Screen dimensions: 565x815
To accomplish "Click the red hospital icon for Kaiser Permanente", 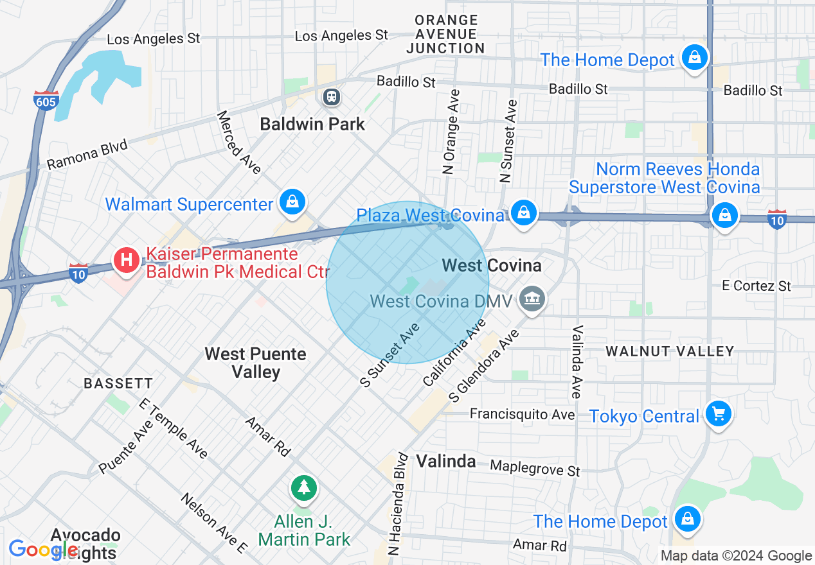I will point(127,260).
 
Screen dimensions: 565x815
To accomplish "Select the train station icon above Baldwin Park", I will point(332,97).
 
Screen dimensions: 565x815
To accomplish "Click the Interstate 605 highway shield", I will point(46,100).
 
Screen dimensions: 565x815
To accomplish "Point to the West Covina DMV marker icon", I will point(532,299).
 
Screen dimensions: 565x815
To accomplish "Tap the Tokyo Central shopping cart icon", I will point(718,414).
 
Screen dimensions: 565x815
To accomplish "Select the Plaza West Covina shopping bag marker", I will point(524,212).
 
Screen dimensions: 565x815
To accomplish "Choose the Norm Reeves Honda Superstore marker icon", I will point(724,215).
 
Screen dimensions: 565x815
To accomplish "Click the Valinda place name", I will point(445,461).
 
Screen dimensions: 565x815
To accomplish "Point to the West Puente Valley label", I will point(255,363).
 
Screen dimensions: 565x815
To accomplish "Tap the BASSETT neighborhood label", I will point(118,383).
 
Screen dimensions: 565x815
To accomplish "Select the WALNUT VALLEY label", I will point(670,351).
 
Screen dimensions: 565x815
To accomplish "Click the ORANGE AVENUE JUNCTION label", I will point(445,35).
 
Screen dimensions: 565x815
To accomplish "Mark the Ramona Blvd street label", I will point(87,155).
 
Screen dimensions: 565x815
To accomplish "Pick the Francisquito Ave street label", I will point(522,414).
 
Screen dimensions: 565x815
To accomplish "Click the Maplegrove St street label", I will point(535,467).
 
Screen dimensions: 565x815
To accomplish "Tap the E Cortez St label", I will point(756,286).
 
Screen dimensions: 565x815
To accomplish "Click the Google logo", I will point(44,550).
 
